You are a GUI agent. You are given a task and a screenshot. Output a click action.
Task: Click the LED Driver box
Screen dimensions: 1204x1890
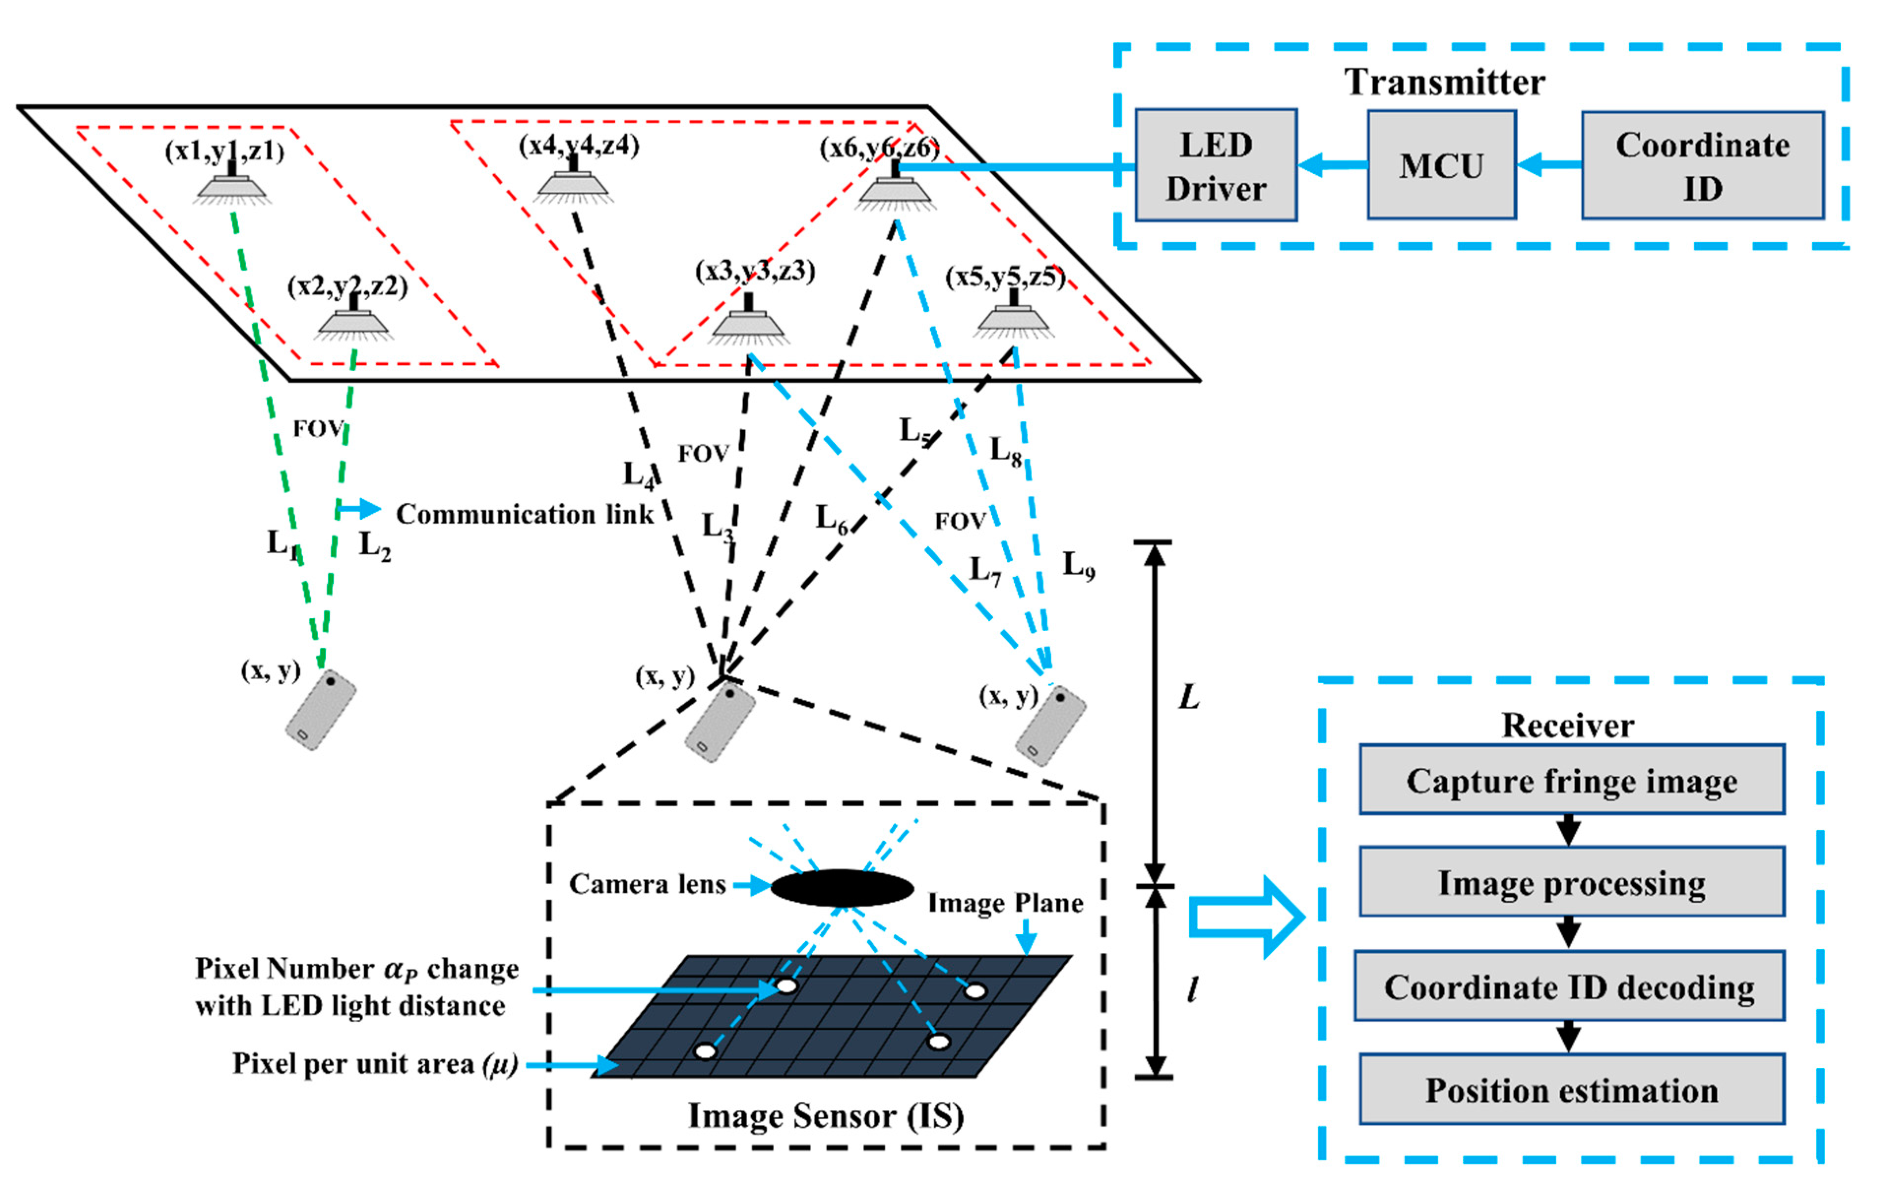coord(1215,165)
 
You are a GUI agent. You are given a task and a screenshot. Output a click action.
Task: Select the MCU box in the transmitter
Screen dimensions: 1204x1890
coord(1441,165)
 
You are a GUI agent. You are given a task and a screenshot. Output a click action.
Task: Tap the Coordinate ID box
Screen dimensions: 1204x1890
coord(1701,165)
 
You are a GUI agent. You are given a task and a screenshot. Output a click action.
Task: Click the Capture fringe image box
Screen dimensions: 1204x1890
coord(1572,780)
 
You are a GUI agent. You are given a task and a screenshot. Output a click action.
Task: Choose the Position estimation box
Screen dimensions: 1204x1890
coord(1572,1089)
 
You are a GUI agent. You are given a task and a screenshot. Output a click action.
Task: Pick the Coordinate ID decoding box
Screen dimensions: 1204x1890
coord(1569,986)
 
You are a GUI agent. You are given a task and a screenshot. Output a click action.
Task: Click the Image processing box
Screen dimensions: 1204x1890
coord(1572,882)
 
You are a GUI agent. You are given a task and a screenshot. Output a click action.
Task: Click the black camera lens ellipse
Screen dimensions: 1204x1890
coord(842,887)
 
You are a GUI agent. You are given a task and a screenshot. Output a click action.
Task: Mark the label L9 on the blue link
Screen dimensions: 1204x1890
coord(1078,564)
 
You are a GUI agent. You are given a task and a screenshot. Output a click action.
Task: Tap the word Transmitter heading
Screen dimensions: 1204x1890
coord(1444,82)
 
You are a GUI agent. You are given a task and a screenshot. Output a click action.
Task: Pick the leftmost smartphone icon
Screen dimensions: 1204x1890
coord(320,709)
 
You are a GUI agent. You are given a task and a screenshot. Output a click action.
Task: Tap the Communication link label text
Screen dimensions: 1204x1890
coord(524,514)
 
